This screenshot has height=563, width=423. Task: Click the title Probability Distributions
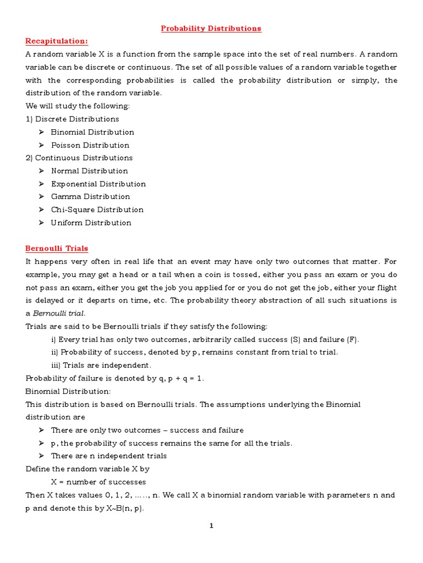211,29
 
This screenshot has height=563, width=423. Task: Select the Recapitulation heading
57,41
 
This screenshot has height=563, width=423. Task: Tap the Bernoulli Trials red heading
57,249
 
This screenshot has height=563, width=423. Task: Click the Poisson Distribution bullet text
90,145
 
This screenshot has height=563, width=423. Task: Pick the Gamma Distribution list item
90,197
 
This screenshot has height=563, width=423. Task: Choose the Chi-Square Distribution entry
97,209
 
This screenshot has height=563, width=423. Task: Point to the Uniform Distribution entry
91,223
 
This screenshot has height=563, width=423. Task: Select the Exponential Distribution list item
98,184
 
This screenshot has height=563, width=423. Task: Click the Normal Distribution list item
89,171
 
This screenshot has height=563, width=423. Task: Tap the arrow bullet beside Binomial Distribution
41,133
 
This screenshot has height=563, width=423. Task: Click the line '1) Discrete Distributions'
72,119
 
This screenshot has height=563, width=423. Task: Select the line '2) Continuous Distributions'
79,158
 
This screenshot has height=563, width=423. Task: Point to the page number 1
211,526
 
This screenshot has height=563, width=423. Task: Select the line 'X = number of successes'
99,482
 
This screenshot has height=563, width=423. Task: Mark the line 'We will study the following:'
78,106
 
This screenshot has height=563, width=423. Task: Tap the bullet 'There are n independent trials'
109,456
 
